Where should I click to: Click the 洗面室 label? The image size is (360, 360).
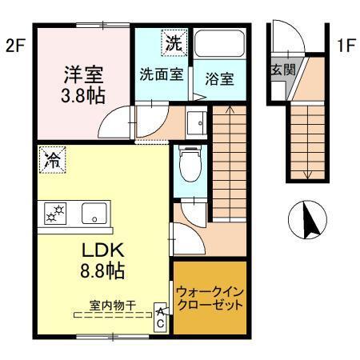tap(162, 77)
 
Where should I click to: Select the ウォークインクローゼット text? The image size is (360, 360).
tap(210, 298)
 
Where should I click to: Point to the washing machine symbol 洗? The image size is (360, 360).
tap(172, 43)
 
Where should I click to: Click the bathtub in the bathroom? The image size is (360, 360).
tap(219, 45)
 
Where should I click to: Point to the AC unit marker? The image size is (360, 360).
tap(161, 317)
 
